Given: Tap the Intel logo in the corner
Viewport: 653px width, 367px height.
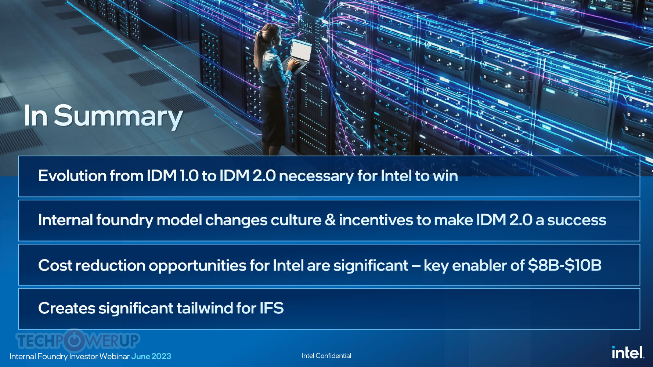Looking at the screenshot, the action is [628, 353].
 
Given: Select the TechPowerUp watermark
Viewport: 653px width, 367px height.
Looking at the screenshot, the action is [77, 340].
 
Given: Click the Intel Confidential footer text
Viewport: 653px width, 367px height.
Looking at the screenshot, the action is [326, 356].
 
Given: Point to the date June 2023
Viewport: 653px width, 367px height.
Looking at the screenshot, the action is [151, 356].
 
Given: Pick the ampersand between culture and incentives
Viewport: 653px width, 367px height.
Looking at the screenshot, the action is [330, 220].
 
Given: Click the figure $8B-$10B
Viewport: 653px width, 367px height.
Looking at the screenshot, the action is [564, 265].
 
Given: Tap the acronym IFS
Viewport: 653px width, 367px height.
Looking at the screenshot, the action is [271, 308].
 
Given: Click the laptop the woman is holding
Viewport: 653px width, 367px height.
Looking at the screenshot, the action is [298, 55].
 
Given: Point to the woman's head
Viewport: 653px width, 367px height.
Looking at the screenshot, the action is [272, 34].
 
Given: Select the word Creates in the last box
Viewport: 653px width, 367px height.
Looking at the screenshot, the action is [66, 308].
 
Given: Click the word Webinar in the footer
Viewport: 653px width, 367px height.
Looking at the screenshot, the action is [114, 356].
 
